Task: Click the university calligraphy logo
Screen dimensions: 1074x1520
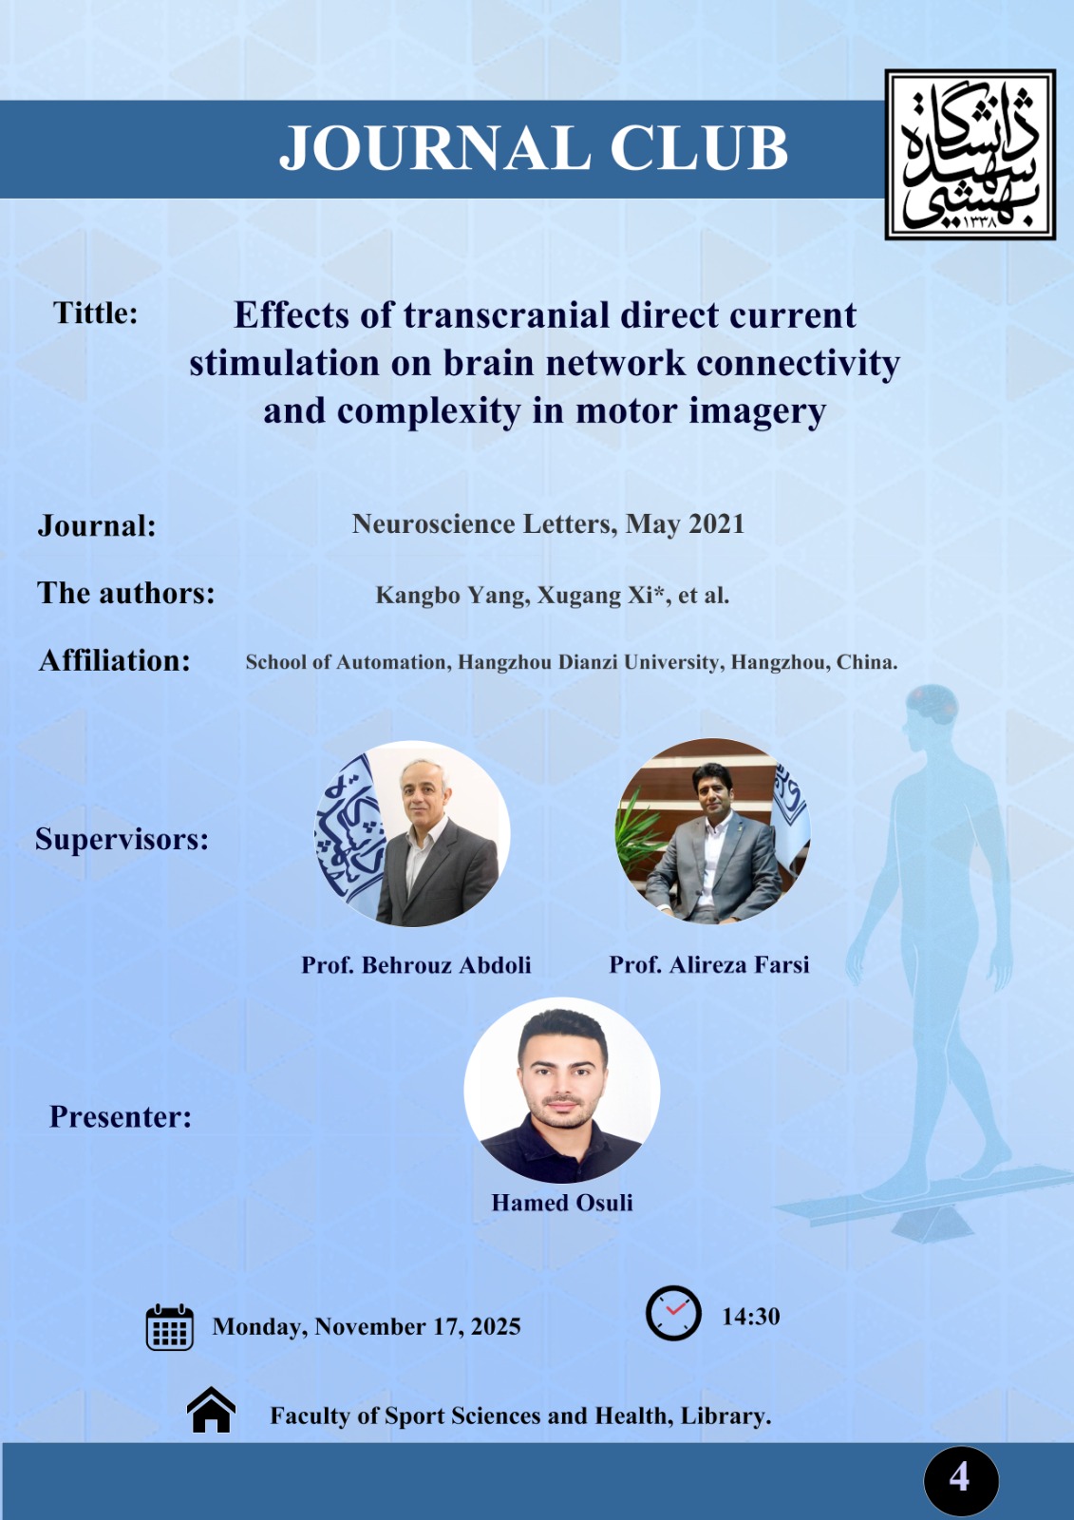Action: click(970, 154)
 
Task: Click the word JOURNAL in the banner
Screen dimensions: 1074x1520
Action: click(435, 147)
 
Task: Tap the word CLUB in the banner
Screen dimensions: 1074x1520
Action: click(699, 147)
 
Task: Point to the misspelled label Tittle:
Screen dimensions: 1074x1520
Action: click(96, 313)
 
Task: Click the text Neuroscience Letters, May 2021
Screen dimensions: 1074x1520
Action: click(548, 523)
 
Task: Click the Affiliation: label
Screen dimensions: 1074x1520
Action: click(115, 660)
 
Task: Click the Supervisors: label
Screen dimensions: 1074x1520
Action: click(122, 840)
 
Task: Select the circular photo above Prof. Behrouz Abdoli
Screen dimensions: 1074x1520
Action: click(412, 832)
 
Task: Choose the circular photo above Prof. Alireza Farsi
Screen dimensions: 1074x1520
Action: click(712, 830)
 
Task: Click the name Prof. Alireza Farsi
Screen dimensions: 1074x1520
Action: click(709, 965)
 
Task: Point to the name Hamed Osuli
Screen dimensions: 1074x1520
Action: click(562, 1203)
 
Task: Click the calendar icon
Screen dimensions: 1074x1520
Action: click(170, 1326)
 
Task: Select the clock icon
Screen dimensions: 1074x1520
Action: click(673, 1313)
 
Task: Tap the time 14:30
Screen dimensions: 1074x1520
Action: click(750, 1317)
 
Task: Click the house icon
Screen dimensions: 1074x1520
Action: click(211, 1410)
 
